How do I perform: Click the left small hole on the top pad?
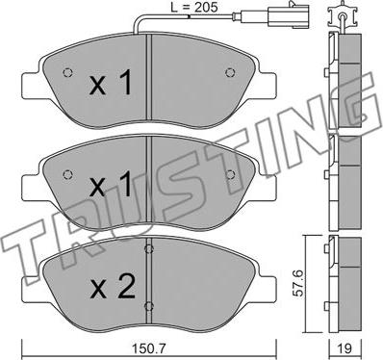67,75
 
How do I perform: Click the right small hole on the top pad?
228,75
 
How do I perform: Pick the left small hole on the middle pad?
67,173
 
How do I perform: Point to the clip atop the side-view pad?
340,17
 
